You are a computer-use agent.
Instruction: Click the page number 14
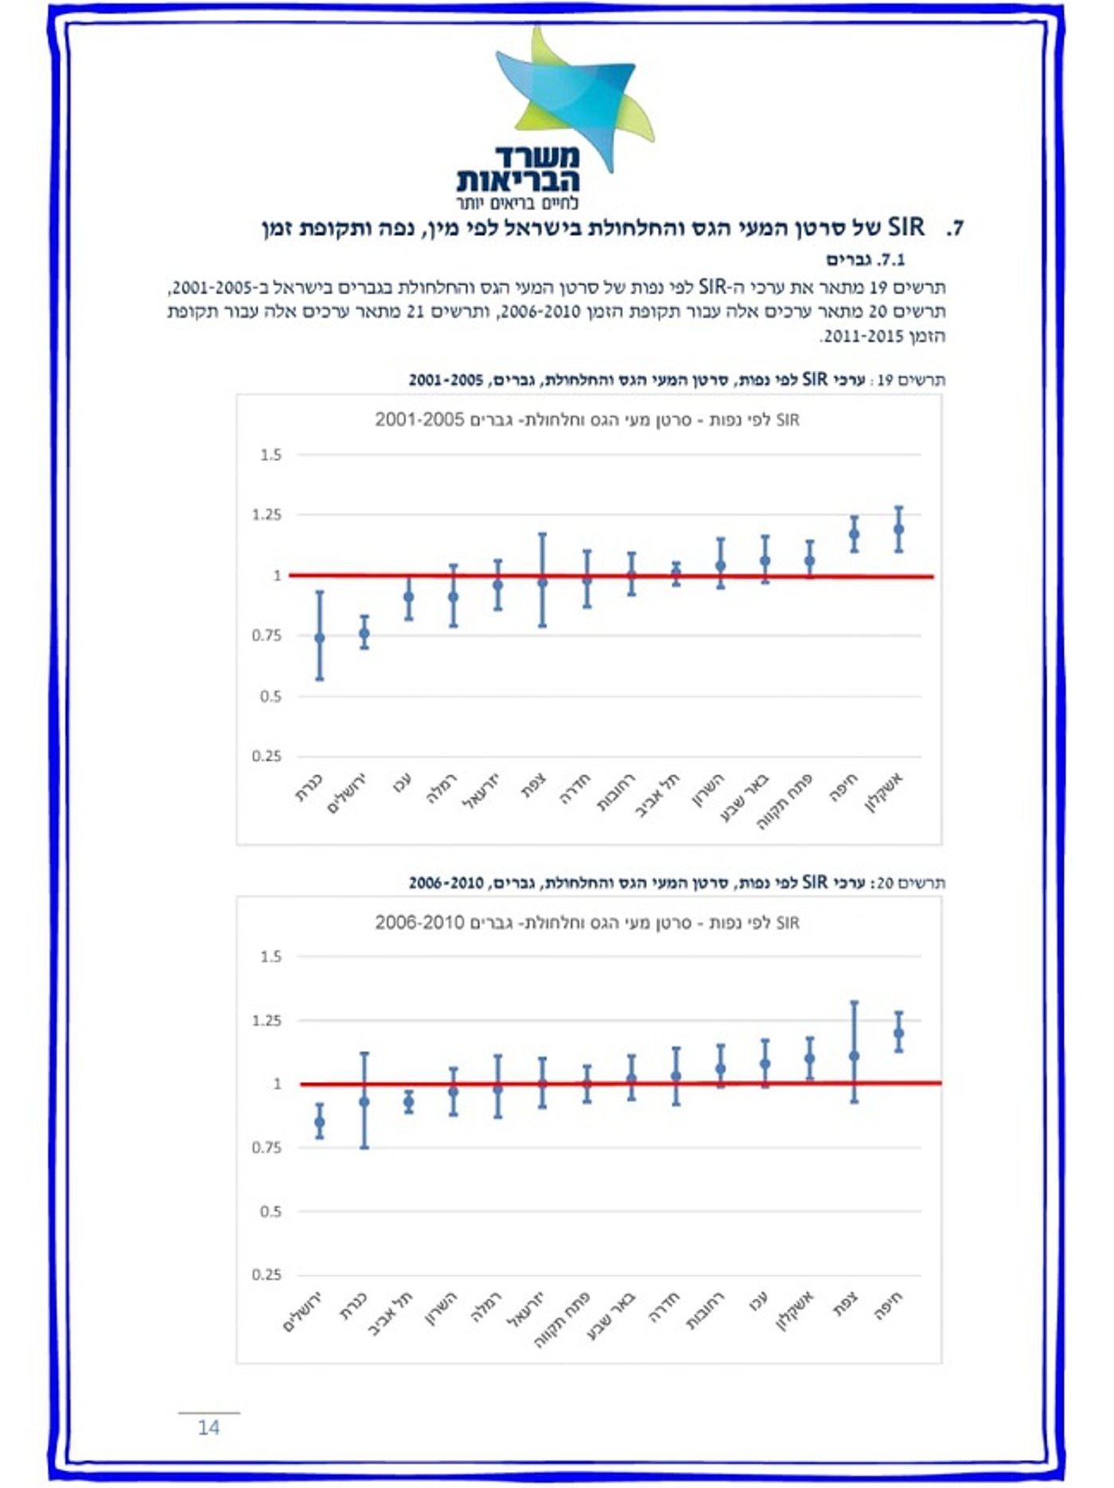(208, 1427)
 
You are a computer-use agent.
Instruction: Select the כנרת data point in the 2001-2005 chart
(320, 637)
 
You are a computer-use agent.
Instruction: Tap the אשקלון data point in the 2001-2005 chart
(898, 528)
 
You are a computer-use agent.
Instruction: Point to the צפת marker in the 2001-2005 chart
(543, 582)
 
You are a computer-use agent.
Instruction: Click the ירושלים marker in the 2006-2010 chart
(320, 1122)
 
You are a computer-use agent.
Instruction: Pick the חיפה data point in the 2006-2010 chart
(898, 1033)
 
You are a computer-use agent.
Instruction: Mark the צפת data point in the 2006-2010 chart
(855, 1056)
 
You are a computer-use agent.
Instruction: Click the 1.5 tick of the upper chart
(271, 455)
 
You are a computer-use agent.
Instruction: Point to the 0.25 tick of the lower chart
(267, 1275)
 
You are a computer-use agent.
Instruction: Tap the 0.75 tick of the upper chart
(267, 636)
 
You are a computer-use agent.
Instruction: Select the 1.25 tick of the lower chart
(267, 1020)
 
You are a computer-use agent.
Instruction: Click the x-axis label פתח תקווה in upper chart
(786, 800)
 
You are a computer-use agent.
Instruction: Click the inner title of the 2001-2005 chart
(587, 419)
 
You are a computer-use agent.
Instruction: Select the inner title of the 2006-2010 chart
(587, 922)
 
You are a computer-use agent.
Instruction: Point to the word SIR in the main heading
(906, 228)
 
